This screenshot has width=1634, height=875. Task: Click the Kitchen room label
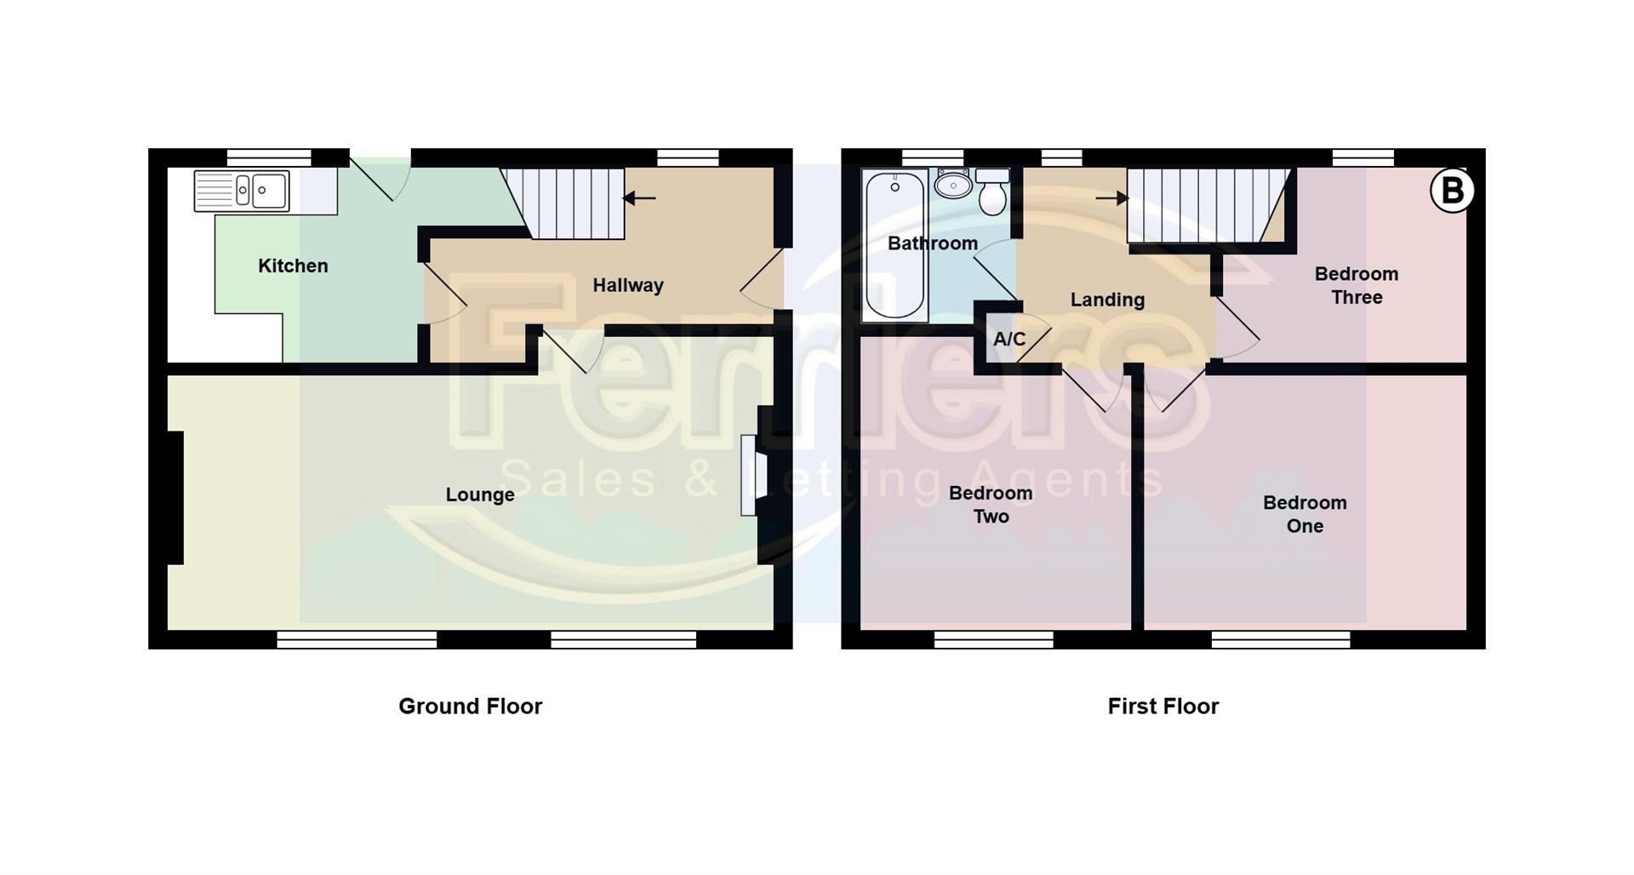[293, 266]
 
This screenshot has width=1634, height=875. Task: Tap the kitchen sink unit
[242, 191]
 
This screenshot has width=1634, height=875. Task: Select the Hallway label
[628, 286]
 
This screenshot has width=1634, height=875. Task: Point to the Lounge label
[480, 495]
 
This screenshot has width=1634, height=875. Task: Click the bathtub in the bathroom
[894, 245]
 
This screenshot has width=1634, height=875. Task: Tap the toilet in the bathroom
[992, 193]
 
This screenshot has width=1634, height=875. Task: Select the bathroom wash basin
[953, 184]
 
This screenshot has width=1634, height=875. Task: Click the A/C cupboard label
[1009, 340]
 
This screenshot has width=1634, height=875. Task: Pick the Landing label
[1107, 300]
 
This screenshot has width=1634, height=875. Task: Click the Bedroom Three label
[1357, 286]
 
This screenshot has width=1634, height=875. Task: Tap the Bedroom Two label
[991, 505]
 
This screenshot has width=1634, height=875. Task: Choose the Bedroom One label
[1305, 515]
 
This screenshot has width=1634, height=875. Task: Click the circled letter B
[1452, 191]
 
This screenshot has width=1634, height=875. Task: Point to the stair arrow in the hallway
[639, 198]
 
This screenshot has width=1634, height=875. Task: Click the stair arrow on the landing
[1111, 198]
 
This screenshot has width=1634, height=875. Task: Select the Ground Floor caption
[470, 706]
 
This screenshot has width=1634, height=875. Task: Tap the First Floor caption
[1163, 706]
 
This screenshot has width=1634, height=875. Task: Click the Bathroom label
[932, 244]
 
